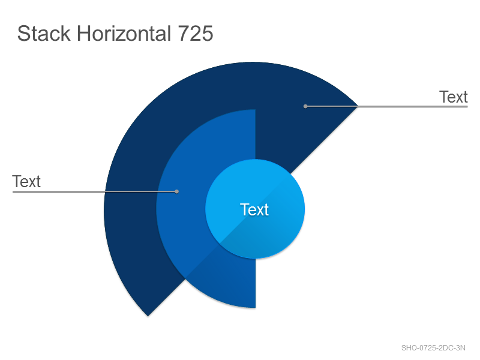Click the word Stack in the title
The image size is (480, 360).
click(44, 34)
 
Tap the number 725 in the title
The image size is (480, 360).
click(196, 34)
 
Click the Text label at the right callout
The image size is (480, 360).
click(454, 97)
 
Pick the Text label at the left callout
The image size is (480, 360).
click(26, 182)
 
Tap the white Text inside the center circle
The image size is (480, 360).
click(254, 209)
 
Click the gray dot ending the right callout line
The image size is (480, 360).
click(305, 106)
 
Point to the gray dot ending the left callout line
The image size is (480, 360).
click(176, 191)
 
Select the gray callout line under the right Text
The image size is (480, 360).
click(386, 106)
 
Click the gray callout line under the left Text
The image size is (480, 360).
click(95, 191)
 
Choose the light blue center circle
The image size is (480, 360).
click(255, 209)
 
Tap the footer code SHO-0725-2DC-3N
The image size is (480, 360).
click(433, 348)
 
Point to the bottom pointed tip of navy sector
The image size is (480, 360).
click(148, 316)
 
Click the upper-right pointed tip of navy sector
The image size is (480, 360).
click(358, 106)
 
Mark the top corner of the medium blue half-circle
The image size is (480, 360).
click(256, 110)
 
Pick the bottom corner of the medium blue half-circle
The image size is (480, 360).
click(256, 308)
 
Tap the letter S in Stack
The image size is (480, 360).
click(23, 34)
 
